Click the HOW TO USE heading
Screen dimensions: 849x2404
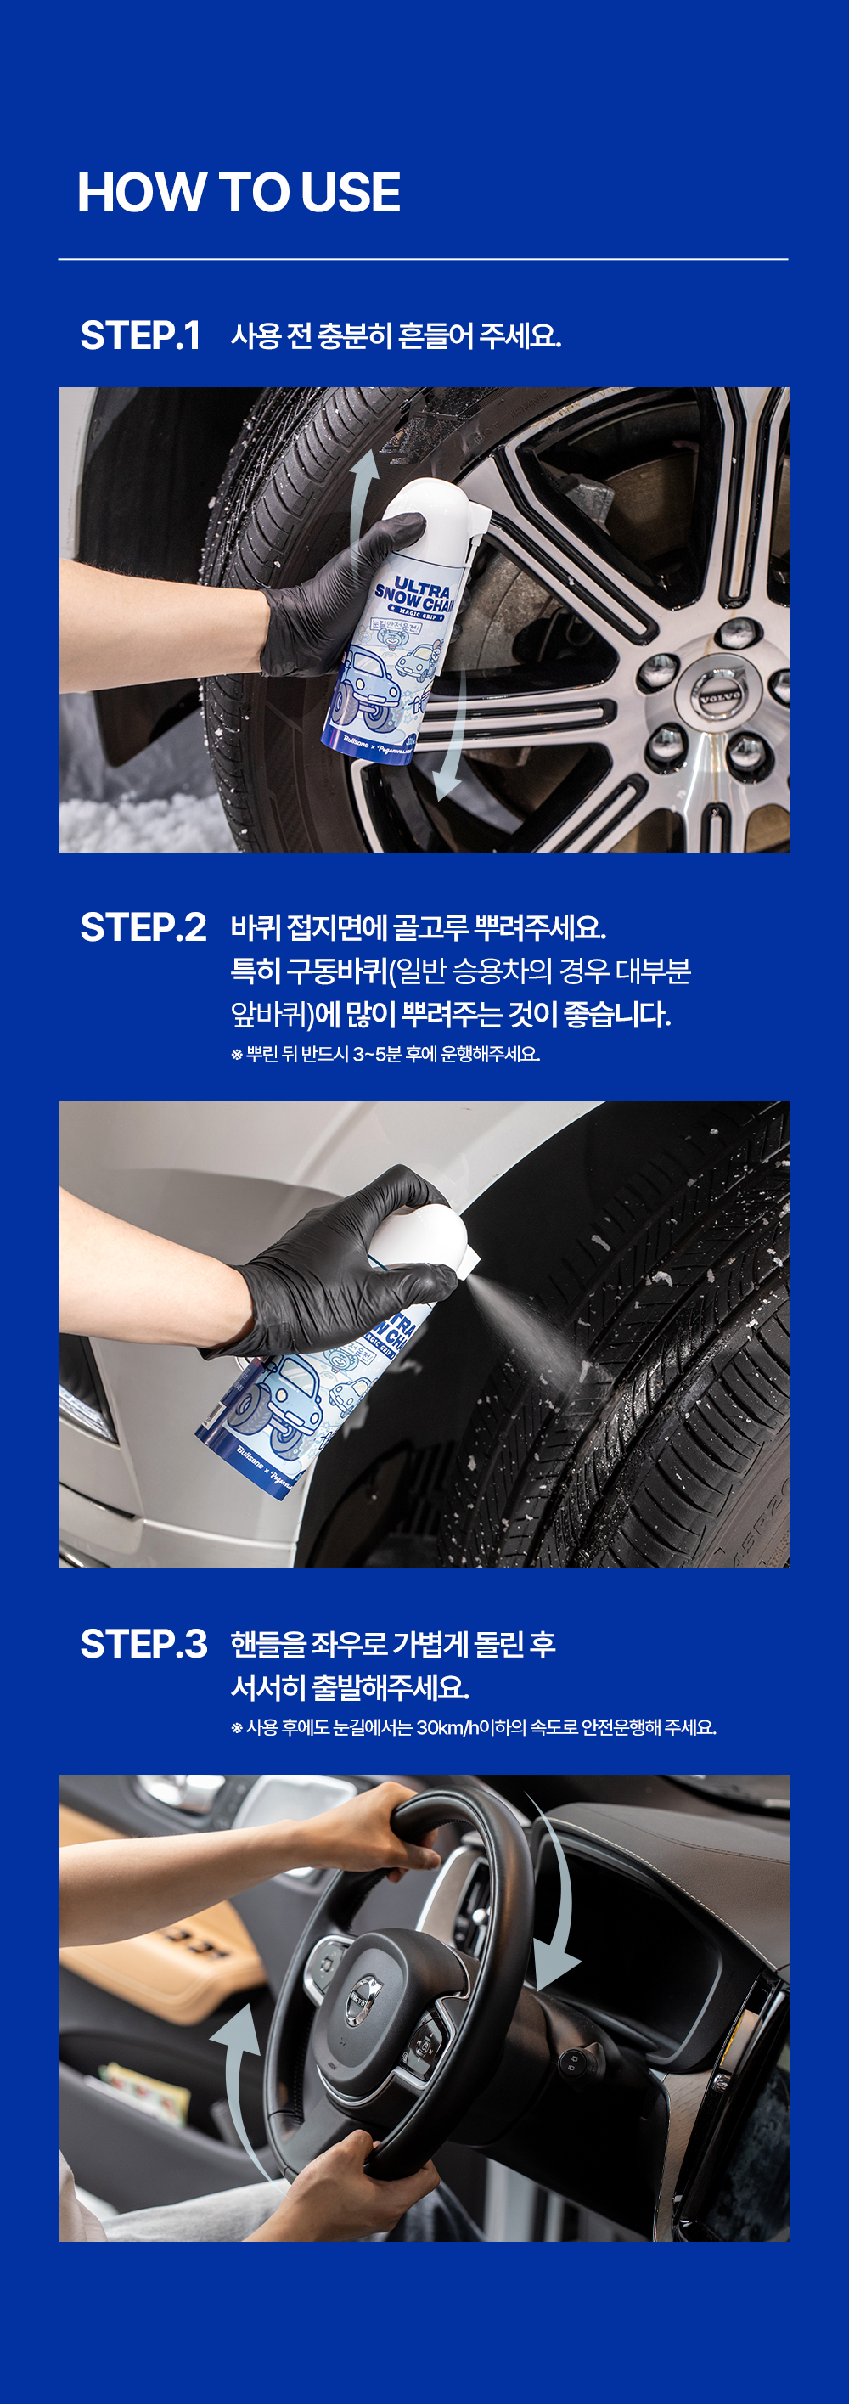click(239, 192)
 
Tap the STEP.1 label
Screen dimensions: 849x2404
click(140, 336)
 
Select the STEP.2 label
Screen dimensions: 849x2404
click(143, 927)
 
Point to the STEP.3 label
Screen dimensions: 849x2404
click(143, 1644)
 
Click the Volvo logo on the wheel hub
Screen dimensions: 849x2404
click(721, 695)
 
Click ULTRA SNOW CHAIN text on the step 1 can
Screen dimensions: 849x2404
click(416, 594)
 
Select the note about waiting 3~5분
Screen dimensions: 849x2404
click(385, 1055)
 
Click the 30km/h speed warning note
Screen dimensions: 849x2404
click(473, 1727)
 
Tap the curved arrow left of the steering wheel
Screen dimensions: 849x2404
click(238, 2091)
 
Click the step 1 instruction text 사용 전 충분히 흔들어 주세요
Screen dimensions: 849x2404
click(396, 336)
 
